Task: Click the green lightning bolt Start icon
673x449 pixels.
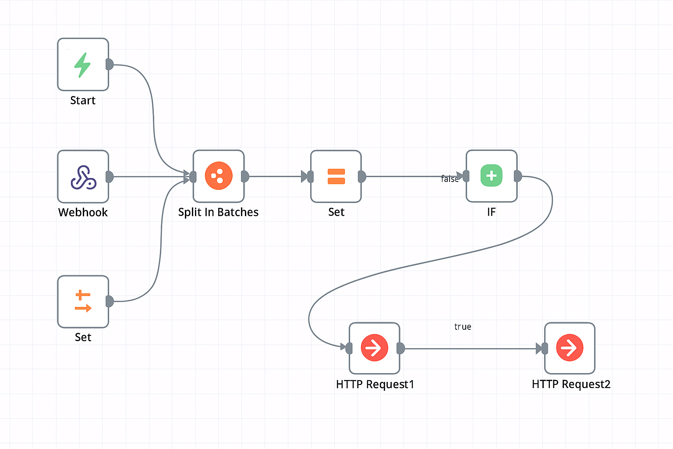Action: pyautogui.click(x=82, y=65)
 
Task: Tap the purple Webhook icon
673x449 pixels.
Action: pyautogui.click(x=83, y=177)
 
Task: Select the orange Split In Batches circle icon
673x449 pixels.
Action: pyautogui.click(x=219, y=176)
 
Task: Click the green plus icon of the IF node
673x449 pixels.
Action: pyautogui.click(x=492, y=176)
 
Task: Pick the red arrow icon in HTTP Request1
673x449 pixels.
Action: pyautogui.click(x=374, y=348)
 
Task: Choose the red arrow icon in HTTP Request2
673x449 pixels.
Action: pyautogui.click(x=570, y=348)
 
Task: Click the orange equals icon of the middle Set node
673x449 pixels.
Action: pyautogui.click(x=336, y=176)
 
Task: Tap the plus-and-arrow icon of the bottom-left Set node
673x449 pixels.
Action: pyautogui.click(x=83, y=301)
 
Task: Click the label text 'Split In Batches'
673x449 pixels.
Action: pyautogui.click(x=218, y=212)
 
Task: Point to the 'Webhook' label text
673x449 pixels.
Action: pyautogui.click(x=83, y=213)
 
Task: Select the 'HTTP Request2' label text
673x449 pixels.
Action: pyautogui.click(x=571, y=385)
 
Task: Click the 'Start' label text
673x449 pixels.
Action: pyautogui.click(x=83, y=101)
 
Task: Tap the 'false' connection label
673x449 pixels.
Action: pyautogui.click(x=450, y=179)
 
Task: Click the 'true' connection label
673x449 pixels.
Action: pyautogui.click(x=463, y=327)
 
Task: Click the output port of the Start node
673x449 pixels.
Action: pyautogui.click(x=110, y=64)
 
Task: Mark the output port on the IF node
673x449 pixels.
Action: pyautogui.click(x=518, y=176)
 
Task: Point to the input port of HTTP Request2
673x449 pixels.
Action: pyautogui.click(x=545, y=349)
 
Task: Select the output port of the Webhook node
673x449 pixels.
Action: pyautogui.click(x=110, y=177)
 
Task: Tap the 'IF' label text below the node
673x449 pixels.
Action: pyautogui.click(x=491, y=212)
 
